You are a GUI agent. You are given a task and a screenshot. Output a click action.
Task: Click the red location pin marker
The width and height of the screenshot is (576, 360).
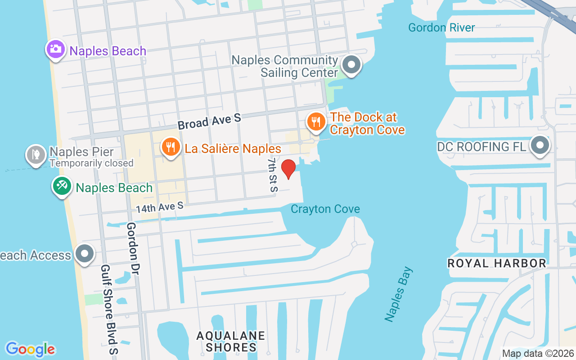click(288, 169)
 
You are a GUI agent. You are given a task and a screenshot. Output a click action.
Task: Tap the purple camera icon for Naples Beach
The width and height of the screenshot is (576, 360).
click(56, 49)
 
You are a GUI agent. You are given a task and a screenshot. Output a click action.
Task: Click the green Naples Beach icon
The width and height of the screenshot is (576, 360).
click(62, 186)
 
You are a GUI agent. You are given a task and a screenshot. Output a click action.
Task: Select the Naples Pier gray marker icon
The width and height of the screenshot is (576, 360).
click(36, 154)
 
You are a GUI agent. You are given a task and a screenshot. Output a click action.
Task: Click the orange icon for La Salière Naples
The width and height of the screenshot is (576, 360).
click(171, 148)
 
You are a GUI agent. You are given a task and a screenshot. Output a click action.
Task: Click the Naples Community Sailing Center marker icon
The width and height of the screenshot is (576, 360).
click(351, 65)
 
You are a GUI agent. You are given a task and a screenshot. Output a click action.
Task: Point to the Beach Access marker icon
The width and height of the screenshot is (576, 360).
click(84, 254)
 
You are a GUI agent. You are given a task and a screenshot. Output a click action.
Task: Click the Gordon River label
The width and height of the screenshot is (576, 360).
click(441, 27)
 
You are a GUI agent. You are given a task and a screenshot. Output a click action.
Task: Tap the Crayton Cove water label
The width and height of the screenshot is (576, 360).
click(325, 209)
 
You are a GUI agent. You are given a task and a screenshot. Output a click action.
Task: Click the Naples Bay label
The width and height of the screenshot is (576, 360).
click(398, 294)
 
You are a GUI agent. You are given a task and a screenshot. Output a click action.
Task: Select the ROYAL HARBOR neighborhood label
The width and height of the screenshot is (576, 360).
click(497, 263)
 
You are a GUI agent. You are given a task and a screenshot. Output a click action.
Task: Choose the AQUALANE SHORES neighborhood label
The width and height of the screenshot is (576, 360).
click(231, 342)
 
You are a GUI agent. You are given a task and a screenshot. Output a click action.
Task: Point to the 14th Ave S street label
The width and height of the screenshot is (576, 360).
click(160, 207)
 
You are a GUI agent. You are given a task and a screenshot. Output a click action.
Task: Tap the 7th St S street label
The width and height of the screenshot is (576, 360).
click(272, 175)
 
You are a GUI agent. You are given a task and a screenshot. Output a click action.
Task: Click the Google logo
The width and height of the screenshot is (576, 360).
click(30, 349)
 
